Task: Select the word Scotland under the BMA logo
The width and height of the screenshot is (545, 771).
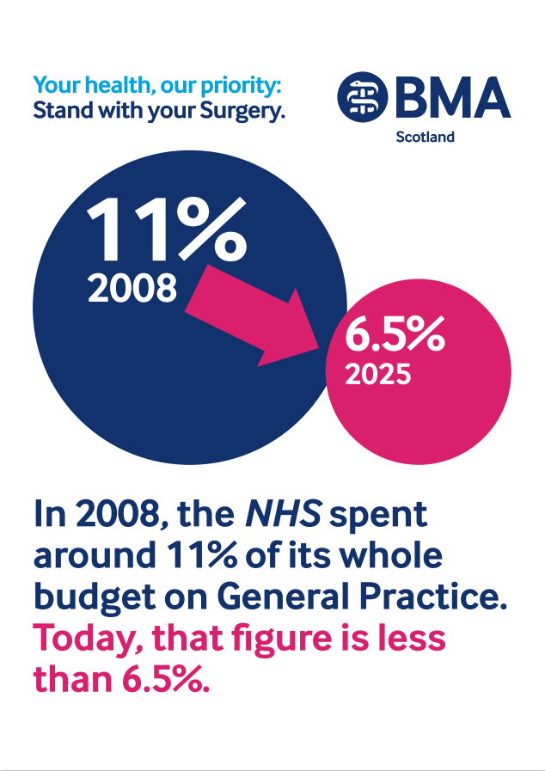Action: (x=425, y=137)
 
